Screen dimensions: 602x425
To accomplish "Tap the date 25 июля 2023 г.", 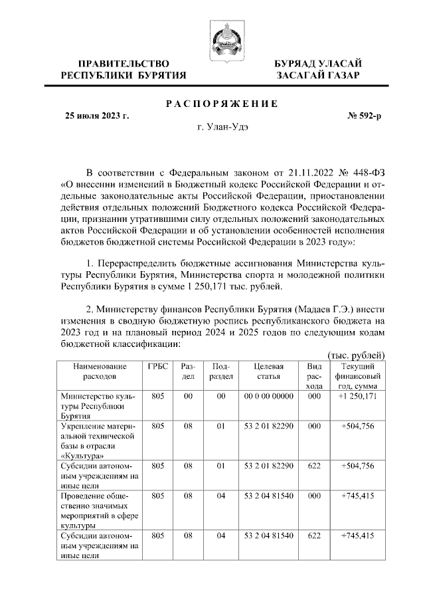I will [x=96, y=116].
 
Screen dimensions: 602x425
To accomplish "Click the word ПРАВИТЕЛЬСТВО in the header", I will [x=124, y=64].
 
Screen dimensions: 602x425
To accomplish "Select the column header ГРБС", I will [x=157, y=367].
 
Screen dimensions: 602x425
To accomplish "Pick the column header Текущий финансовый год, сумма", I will [x=359, y=376].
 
